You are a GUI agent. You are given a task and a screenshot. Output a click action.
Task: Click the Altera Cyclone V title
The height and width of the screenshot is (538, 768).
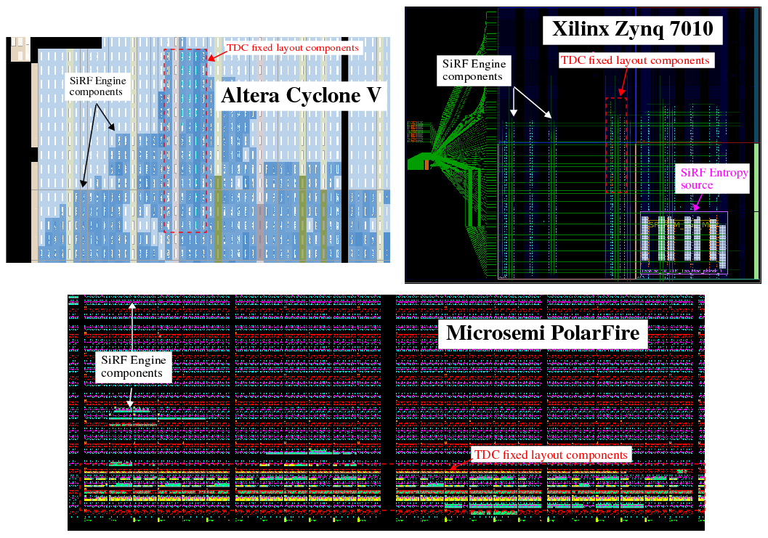(x=301, y=96)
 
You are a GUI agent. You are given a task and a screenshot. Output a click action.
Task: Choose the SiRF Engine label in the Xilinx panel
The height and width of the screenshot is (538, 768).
(x=473, y=70)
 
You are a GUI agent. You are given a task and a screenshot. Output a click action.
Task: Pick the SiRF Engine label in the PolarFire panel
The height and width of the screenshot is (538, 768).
(x=133, y=366)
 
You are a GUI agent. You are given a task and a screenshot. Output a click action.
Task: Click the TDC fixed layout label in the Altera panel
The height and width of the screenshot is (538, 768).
(x=293, y=48)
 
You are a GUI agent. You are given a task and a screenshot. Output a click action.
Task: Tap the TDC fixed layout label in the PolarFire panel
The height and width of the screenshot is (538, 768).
(x=550, y=455)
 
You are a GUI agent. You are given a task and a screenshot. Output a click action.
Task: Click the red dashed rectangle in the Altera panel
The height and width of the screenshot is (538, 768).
(x=186, y=142)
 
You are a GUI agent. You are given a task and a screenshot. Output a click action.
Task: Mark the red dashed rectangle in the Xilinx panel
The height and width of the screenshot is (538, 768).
(x=615, y=145)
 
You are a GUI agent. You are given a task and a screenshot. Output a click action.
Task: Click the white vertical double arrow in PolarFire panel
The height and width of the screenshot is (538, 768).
(x=132, y=327)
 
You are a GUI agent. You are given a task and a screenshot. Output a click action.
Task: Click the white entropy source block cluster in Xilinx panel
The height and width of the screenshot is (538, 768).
(x=683, y=243)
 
